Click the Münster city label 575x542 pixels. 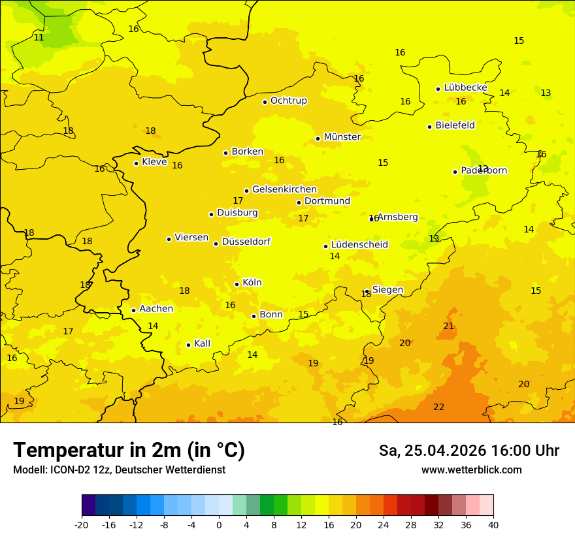342,137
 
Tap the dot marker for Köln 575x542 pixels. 237,284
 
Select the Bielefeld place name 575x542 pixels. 455,125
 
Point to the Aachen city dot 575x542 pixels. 133,310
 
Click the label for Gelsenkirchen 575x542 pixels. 284,189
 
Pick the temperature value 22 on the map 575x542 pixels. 438,407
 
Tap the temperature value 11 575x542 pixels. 39,37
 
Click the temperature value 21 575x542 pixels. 448,326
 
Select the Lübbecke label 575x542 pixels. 465,88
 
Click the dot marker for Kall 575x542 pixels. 188,345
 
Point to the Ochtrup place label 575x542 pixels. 288,101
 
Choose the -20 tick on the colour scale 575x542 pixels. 82,524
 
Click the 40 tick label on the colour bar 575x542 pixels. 493,524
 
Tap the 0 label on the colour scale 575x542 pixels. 219,524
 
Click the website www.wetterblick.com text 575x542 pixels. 471,470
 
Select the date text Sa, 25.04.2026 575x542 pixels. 431,451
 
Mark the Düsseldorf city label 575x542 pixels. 246,242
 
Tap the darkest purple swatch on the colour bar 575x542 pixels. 88,505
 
